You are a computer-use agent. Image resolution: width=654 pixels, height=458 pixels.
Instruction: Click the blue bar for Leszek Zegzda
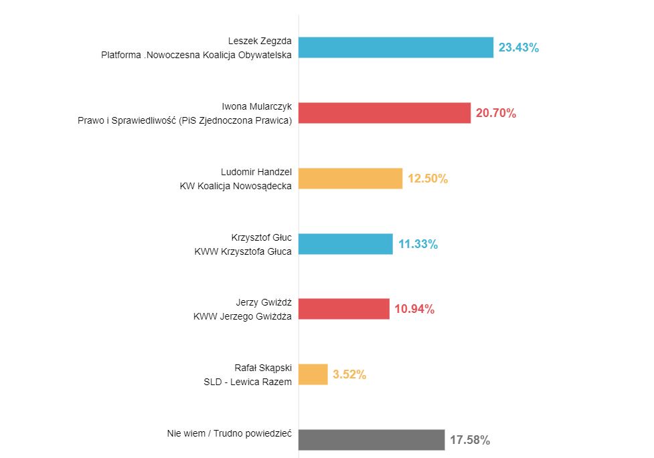click(396, 47)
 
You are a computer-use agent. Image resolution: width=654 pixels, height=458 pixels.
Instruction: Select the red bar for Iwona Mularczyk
click(384, 113)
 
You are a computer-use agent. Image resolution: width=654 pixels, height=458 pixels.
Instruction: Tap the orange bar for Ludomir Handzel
click(350, 179)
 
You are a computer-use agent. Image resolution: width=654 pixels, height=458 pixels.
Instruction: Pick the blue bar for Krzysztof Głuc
click(345, 244)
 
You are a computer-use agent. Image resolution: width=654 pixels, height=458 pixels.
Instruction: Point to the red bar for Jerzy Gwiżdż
click(343, 309)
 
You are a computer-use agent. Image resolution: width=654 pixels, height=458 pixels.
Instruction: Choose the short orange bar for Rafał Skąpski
click(313, 374)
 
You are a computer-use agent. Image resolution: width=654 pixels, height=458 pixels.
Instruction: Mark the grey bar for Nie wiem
click(372, 440)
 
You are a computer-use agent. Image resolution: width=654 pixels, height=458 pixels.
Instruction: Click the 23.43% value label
click(519, 47)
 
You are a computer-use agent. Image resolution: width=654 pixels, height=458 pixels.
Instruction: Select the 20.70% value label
click(496, 113)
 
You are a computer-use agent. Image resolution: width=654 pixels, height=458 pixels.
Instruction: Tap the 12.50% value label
click(428, 179)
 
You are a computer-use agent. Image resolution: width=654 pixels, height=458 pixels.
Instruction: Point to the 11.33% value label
click(418, 244)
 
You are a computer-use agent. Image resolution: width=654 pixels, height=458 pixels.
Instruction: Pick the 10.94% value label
click(414, 309)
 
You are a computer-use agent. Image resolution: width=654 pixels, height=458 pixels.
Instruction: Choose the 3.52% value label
click(349, 374)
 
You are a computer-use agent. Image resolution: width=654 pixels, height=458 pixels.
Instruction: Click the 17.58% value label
click(470, 440)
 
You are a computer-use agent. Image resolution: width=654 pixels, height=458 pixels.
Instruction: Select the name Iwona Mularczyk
click(256, 106)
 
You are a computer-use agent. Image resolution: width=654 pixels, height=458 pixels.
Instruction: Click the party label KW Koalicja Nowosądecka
click(236, 186)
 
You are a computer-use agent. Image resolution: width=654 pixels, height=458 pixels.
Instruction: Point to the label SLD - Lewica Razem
click(248, 382)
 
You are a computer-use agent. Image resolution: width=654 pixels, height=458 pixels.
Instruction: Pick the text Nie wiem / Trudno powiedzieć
click(229, 433)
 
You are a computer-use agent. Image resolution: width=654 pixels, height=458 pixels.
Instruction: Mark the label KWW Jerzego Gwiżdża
click(242, 316)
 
